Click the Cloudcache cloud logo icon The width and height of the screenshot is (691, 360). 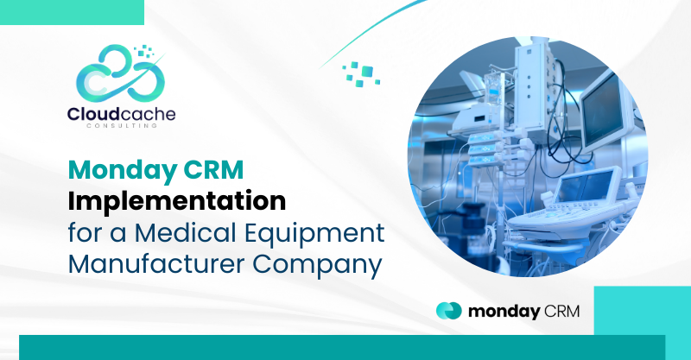(x=120, y=73)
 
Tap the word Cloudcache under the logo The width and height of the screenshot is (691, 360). (x=121, y=114)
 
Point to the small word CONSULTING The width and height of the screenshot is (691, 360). (x=122, y=125)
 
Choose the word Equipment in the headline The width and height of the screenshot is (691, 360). (x=314, y=234)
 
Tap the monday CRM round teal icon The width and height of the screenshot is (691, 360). (x=448, y=311)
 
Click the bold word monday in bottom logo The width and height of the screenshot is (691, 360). (x=504, y=312)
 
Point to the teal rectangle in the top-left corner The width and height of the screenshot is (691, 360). (x=72, y=12)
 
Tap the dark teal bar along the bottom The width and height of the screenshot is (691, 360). (x=342, y=347)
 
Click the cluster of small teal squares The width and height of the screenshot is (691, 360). (x=361, y=74)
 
